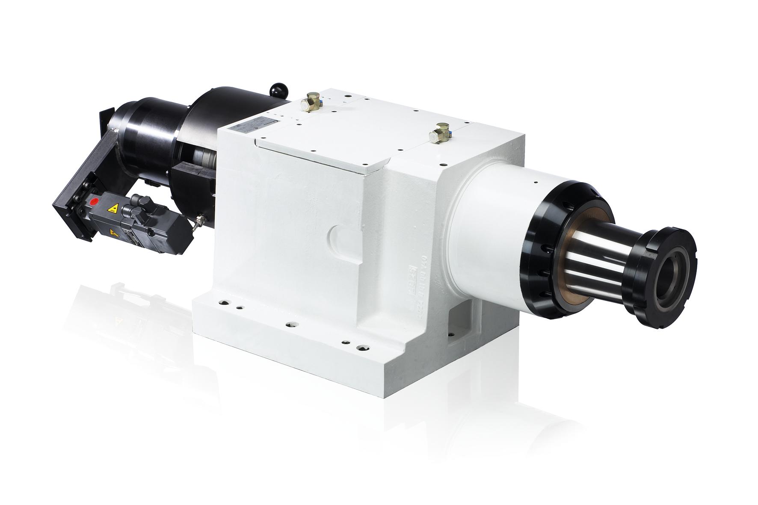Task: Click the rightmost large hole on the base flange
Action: pos(364,347)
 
